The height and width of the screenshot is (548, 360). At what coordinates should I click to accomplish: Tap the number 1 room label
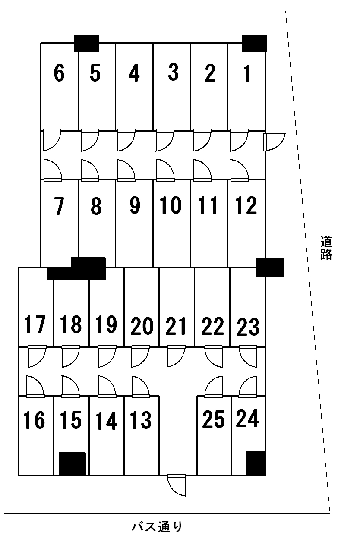(x=247, y=73)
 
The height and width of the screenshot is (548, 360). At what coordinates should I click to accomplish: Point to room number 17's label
(x=35, y=324)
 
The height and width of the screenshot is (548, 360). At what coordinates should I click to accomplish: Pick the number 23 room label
(x=248, y=327)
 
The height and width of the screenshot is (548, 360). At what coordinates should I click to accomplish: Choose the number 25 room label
(x=214, y=419)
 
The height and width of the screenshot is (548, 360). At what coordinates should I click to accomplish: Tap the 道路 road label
(x=326, y=248)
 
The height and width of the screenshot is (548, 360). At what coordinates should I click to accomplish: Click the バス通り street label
(x=157, y=527)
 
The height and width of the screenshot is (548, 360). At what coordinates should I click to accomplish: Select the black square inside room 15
(x=72, y=464)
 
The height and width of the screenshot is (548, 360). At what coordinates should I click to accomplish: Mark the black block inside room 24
(x=256, y=463)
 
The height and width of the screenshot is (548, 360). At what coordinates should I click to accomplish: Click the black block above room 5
(x=86, y=43)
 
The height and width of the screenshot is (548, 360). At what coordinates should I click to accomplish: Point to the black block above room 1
(x=254, y=43)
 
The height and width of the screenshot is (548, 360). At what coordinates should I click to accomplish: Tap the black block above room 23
(x=270, y=268)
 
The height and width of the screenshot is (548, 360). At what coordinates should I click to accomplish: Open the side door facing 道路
(x=274, y=142)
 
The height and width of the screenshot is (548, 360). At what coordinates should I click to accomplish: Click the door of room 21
(x=176, y=356)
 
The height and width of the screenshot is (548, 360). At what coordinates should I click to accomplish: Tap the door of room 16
(x=35, y=386)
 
